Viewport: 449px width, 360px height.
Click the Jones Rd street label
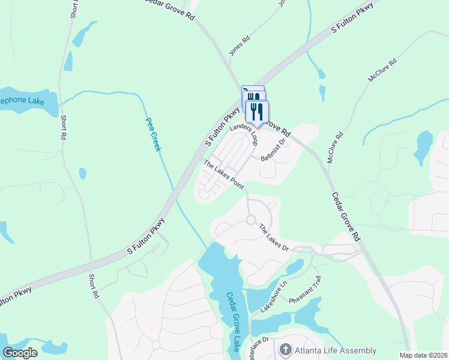point(240,46)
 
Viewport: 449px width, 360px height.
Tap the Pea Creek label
point(153,134)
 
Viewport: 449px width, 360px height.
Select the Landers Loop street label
point(244,136)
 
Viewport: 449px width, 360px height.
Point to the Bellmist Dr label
point(276,147)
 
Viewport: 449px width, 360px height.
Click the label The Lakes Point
point(223,175)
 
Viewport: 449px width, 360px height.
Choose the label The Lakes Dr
point(274,238)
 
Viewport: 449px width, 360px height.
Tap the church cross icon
point(286,350)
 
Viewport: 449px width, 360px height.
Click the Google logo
point(20,353)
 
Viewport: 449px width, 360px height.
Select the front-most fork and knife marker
point(257,112)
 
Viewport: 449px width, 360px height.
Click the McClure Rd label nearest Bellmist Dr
point(334,147)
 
